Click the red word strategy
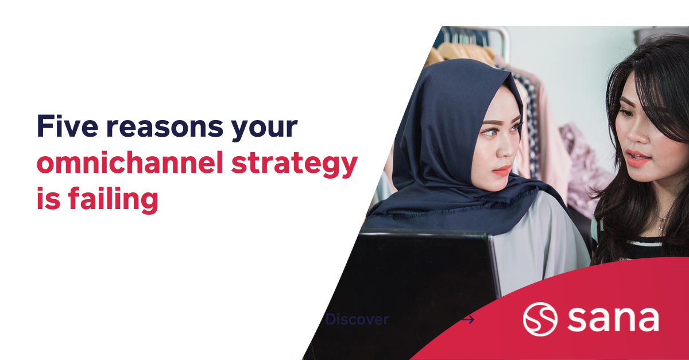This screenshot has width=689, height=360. (x=294, y=164)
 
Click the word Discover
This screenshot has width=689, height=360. (x=357, y=319)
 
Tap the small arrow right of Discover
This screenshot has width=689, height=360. (x=469, y=319)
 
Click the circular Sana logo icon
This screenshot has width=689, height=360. (x=540, y=319)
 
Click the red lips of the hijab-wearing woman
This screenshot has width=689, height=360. (x=501, y=170)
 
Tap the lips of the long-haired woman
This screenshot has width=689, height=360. (x=636, y=156)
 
